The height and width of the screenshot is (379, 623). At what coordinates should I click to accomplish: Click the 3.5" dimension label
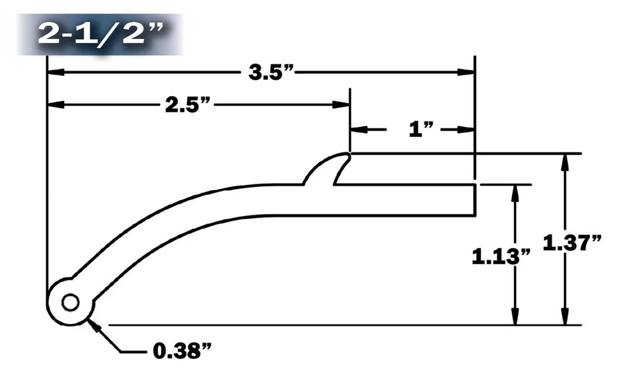pyautogui.click(x=273, y=72)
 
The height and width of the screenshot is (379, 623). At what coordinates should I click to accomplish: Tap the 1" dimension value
pyautogui.click(x=421, y=130)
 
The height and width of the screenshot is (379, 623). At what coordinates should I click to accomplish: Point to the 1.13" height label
pyautogui.click(x=501, y=255)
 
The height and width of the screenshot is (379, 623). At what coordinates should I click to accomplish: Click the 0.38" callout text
pyautogui.click(x=182, y=352)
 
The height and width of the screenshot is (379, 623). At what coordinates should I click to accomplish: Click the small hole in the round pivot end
pyautogui.click(x=70, y=302)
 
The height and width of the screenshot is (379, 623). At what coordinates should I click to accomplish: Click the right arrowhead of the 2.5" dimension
pyautogui.click(x=342, y=104)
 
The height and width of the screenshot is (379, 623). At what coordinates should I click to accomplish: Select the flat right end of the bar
pyautogui.click(x=477, y=199)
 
